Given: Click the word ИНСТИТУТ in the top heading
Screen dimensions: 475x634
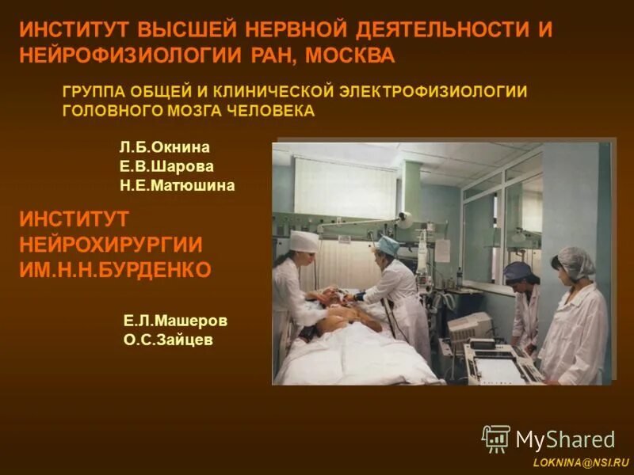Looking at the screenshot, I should [x=75, y=30].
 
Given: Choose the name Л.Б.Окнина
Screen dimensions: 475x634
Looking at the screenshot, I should [x=165, y=147].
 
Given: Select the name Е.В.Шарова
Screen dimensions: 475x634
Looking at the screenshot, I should [x=166, y=166].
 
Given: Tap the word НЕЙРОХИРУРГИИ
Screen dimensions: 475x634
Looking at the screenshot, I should [x=110, y=244].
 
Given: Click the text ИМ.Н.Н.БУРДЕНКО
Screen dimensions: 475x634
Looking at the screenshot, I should [x=115, y=270].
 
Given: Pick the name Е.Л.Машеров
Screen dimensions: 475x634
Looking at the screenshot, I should [x=175, y=321].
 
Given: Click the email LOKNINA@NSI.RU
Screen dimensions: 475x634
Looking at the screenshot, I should [x=581, y=461].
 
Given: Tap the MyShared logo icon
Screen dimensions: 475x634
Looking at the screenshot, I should [x=496, y=439].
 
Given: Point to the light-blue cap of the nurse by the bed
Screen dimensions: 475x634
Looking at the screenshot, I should [x=388, y=245].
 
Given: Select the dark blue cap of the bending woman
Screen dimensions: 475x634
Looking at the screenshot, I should [x=516, y=271].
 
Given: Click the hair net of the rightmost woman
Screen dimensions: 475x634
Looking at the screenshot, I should [x=576, y=260].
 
